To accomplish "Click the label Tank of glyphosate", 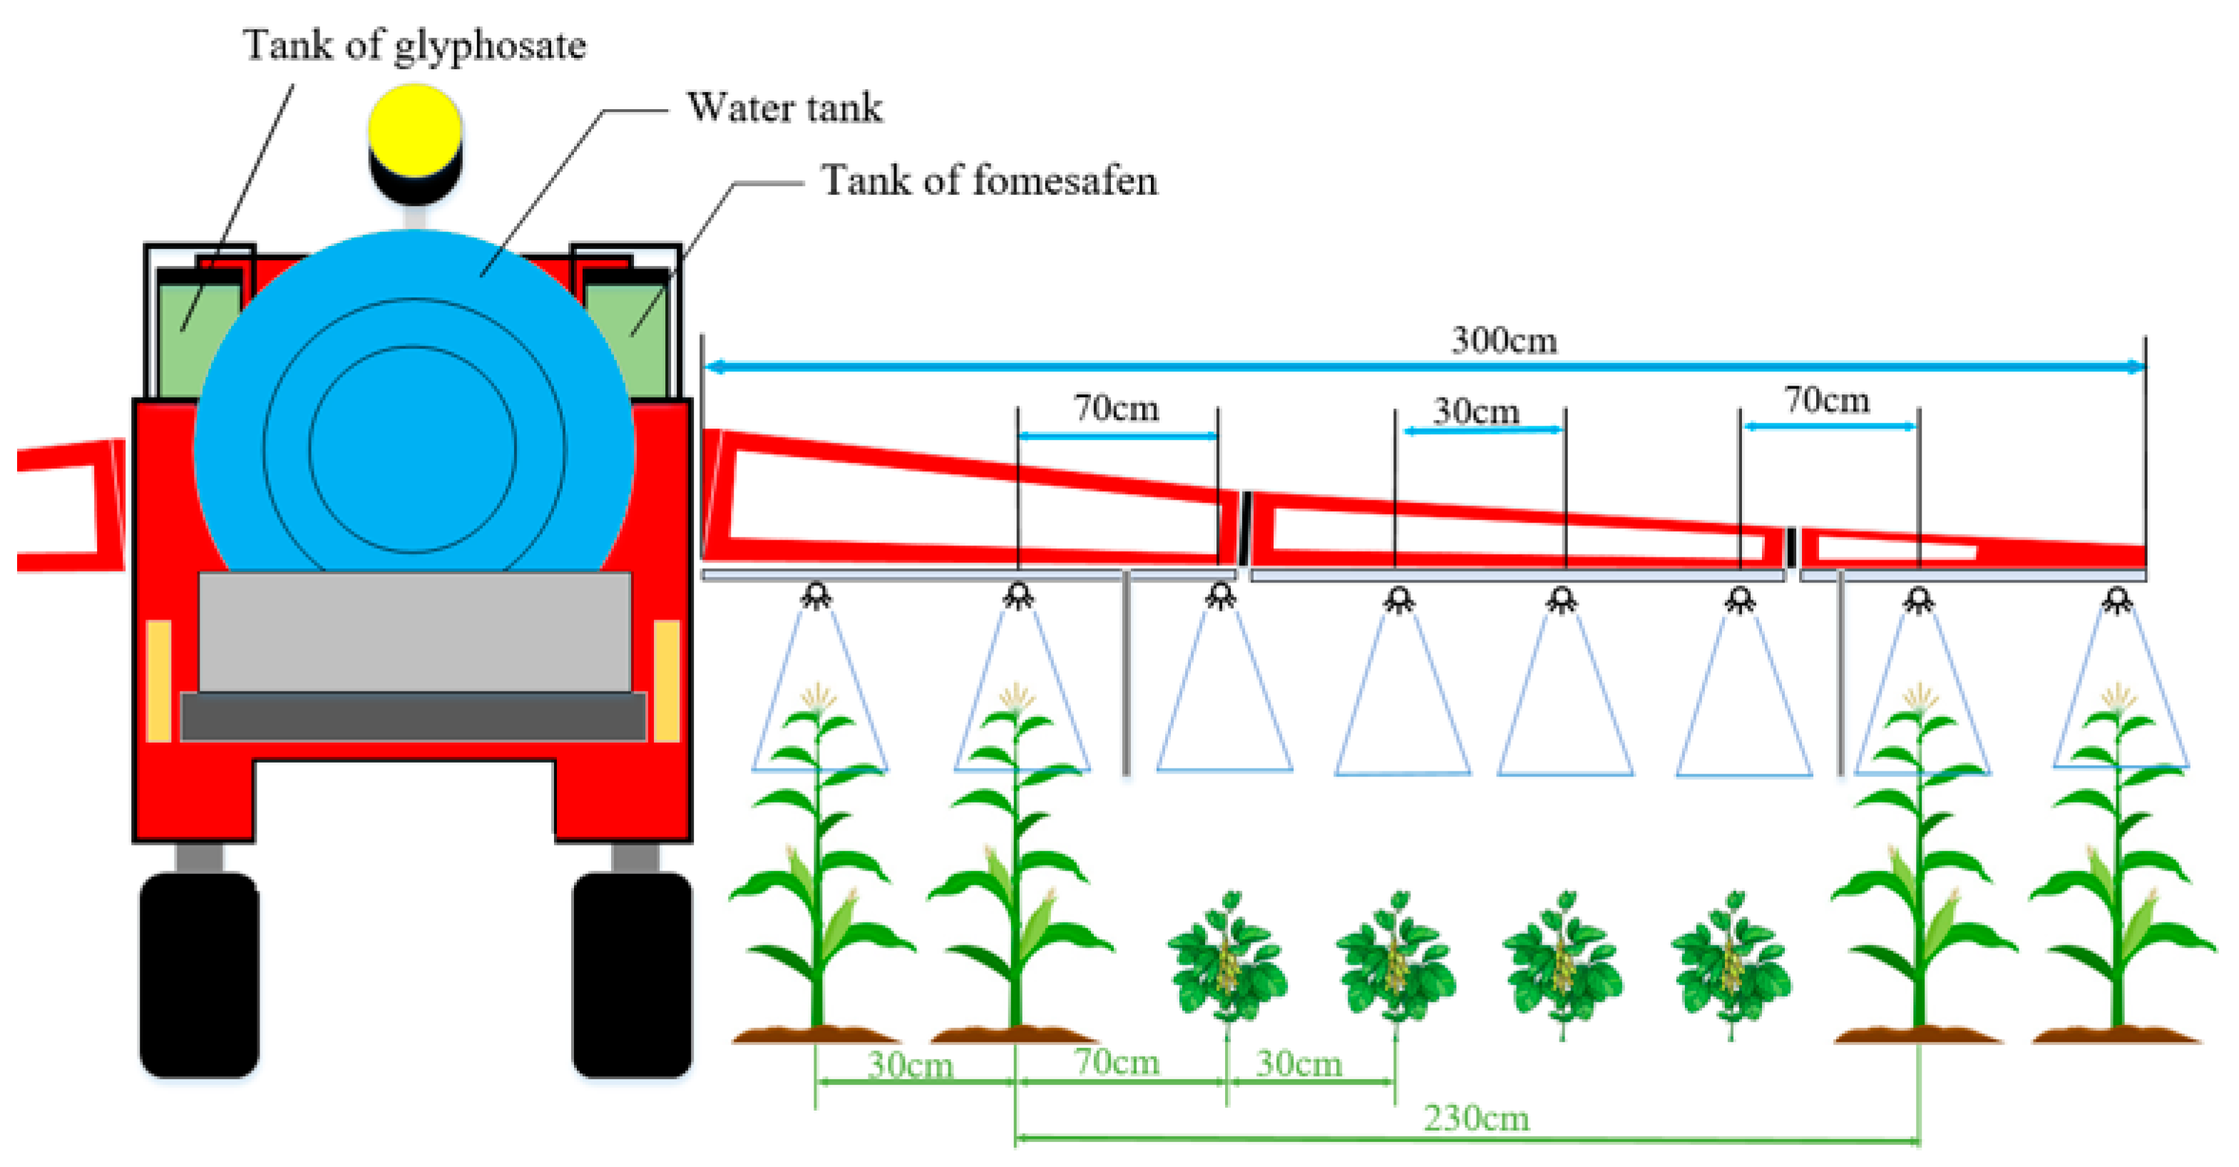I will click(x=414, y=45).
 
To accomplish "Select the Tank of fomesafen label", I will click(x=988, y=181).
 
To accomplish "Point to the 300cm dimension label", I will click(x=1504, y=340).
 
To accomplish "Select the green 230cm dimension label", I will click(x=1475, y=1118).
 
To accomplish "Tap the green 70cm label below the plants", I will click(x=1116, y=1062).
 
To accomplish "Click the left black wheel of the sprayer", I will click(x=199, y=975).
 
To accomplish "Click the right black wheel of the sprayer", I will click(x=632, y=975).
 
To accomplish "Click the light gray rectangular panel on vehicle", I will click(x=414, y=631).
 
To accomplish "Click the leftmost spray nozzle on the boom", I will click(x=816, y=596).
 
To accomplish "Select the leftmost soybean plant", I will click(x=1226, y=960).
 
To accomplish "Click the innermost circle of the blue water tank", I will click(x=413, y=449).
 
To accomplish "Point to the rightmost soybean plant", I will click(x=1731, y=960).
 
